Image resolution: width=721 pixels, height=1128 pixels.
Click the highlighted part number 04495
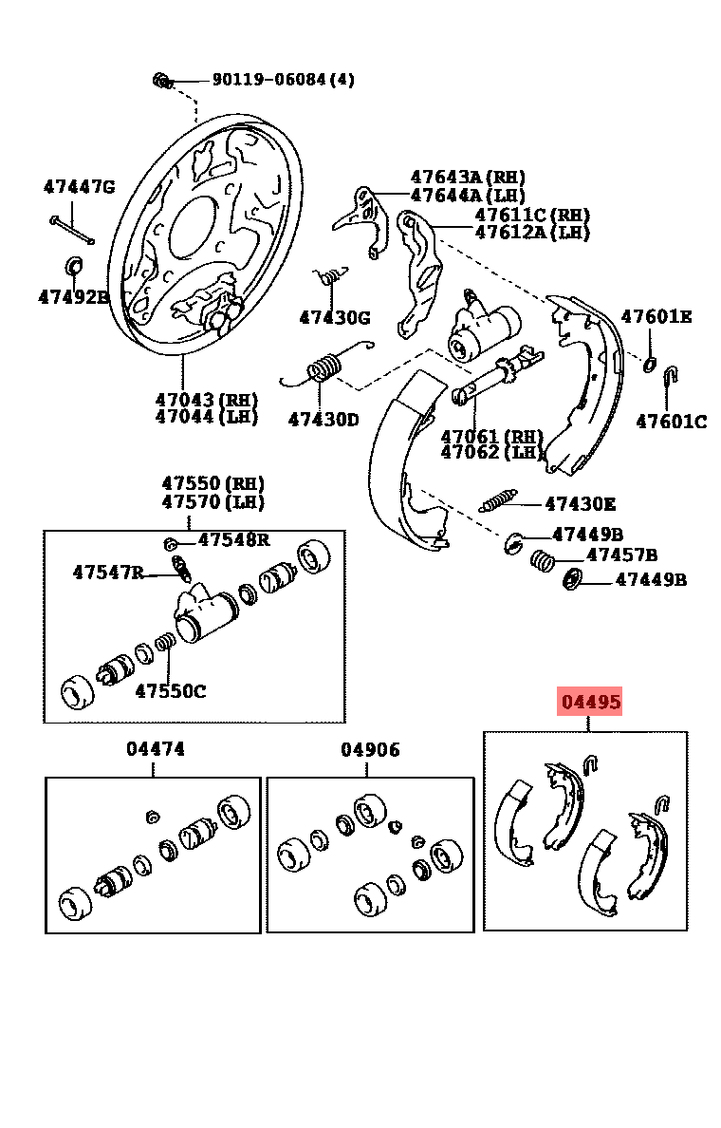[x=591, y=701]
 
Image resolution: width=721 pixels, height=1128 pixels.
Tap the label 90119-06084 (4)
[x=284, y=79]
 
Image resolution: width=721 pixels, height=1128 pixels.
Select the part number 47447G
[x=79, y=187]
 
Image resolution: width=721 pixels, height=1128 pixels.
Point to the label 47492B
[x=74, y=296]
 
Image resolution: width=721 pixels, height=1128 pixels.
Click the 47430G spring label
[x=335, y=316]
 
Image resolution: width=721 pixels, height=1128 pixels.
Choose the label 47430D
[x=324, y=419]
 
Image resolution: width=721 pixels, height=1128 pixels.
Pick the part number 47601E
[x=656, y=316]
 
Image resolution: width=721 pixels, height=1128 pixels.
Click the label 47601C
[x=672, y=421]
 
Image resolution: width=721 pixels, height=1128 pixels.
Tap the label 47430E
[x=580, y=503]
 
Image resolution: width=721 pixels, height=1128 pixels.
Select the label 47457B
[x=621, y=555]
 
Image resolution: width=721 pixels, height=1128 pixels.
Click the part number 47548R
[x=234, y=538]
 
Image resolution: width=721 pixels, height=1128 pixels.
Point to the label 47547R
[x=108, y=572]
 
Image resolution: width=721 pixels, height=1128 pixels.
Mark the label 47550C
[x=171, y=690]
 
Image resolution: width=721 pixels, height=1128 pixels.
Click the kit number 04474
[x=156, y=749]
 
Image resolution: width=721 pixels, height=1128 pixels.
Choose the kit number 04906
[x=370, y=749]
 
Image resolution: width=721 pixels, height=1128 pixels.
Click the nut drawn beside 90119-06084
[x=162, y=80]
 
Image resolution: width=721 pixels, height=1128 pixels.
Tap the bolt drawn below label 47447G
[x=72, y=230]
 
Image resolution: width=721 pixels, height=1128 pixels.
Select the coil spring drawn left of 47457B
[x=542, y=559]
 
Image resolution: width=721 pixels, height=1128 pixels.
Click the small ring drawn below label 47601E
[x=650, y=364]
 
